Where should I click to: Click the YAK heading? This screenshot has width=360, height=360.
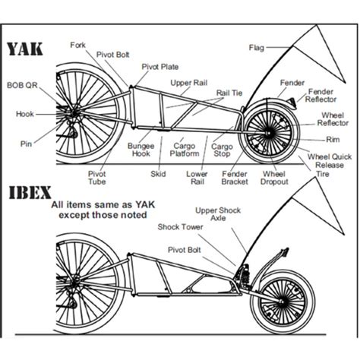pyautogui.click(x=24, y=49)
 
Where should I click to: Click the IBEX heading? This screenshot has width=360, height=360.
pyautogui.click(x=30, y=193)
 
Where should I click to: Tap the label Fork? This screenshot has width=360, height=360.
pyautogui.click(x=78, y=46)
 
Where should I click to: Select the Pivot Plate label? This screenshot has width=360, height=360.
pyautogui.click(x=160, y=67)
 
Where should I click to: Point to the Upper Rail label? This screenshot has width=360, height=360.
pyautogui.click(x=189, y=83)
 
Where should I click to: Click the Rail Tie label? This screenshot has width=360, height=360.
pyautogui.click(x=229, y=93)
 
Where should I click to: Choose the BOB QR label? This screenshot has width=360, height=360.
pyautogui.click(x=22, y=85)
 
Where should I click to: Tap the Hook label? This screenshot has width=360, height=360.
pyautogui.click(x=25, y=114)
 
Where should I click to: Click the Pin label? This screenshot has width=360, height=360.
pyautogui.click(x=26, y=144)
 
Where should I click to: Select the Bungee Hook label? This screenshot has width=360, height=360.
pyautogui.click(x=141, y=150)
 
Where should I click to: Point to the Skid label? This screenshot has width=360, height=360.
pyautogui.click(x=158, y=174)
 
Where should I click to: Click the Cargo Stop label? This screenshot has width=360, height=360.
pyautogui.click(x=222, y=150)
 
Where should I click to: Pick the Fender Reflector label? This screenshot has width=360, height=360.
pyautogui.click(x=321, y=96)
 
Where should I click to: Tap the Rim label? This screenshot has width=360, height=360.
pyautogui.click(x=333, y=140)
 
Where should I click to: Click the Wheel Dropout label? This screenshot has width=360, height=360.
pyautogui.click(x=274, y=178)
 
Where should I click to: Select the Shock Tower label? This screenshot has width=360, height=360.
pyautogui.click(x=180, y=227)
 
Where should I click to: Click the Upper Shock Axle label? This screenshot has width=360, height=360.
pyautogui.click(x=218, y=214)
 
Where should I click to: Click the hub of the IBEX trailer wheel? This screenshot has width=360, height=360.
pyautogui.click(x=281, y=302)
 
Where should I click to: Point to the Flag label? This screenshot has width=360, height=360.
pyautogui.click(x=257, y=48)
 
